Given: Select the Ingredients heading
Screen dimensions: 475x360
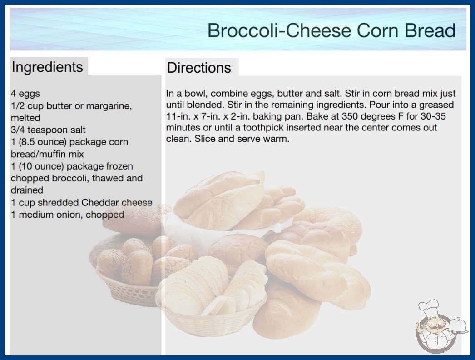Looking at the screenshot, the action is tap(47, 67).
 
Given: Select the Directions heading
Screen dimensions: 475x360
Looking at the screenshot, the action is tap(199, 68).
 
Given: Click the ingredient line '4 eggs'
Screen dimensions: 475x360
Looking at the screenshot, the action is tap(25, 94).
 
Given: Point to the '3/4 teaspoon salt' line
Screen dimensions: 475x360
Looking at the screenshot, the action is tap(48, 130).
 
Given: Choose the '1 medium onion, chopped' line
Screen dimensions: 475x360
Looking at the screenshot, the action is tap(68, 215).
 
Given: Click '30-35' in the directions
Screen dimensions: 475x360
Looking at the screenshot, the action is tap(433, 116).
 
